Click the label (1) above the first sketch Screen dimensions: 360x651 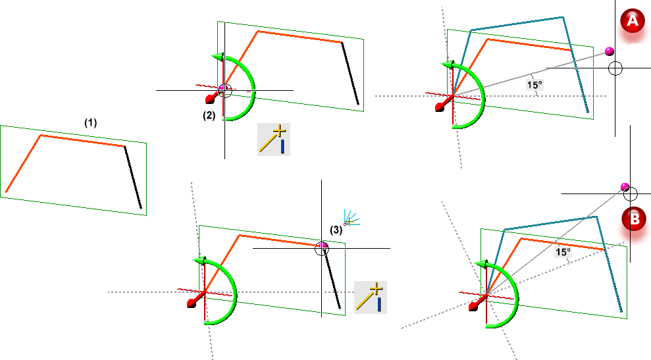(90, 122)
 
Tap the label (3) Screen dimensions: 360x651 (336, 230)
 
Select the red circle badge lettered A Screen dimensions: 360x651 (633, 22)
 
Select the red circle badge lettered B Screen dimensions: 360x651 (634, 219)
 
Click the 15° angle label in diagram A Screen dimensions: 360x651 (534, 84)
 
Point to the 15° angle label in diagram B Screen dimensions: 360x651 (562, 251)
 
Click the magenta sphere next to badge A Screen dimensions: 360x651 (609, 51)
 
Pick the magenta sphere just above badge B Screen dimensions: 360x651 (625, 188)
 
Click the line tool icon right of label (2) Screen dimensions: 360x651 (274, 138)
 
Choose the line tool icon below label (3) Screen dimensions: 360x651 (371, 297)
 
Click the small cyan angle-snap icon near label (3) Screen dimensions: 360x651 (350, 218)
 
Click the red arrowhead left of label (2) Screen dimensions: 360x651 (210, 100)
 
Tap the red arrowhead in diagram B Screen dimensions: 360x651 (473, 306)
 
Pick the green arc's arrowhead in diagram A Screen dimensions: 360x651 (446, 65)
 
